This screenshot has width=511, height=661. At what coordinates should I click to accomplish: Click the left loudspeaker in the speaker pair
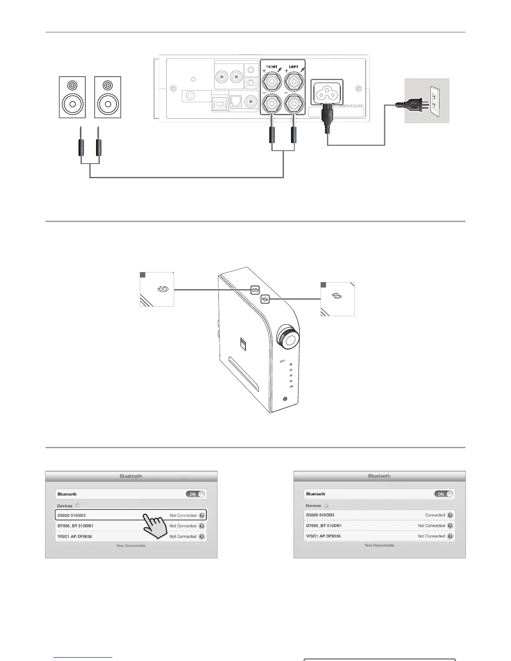(x=72, y=97)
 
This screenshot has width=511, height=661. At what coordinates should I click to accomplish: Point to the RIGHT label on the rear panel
(x=271, y=66)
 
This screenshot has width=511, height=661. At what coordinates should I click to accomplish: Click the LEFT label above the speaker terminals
(x=294, y=66)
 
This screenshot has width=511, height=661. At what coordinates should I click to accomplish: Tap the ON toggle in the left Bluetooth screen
(x=195, y=494)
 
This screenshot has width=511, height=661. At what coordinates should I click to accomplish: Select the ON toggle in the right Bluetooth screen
(x=444, y=494)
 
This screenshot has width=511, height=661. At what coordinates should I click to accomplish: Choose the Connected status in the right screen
(x=435, y=515)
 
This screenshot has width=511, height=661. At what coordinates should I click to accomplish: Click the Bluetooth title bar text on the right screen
(x=379, y=476)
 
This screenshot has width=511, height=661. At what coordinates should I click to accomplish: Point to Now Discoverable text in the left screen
(x=131, y=546)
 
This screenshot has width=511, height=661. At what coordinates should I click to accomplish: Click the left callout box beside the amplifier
(x=157, y=289)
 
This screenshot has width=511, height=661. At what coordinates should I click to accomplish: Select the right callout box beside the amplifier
(x=337, y=299)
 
